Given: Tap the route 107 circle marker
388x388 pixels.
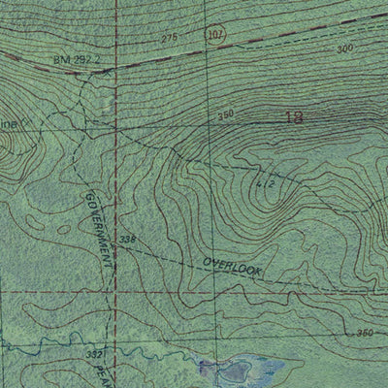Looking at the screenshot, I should (x=216, y=36).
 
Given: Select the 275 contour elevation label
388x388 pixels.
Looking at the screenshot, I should (x=171, y=37).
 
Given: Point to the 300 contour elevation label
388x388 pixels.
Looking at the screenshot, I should (x=343, y=49).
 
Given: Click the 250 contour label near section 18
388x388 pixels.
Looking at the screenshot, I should (x=226, y=114).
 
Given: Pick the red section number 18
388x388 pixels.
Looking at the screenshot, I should (x=294, y=118).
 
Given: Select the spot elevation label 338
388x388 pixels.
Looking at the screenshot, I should (x=127, y=240).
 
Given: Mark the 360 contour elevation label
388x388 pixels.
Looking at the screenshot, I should (x=364, y=334).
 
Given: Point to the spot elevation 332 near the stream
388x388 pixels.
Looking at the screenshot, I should (x=93, y=356).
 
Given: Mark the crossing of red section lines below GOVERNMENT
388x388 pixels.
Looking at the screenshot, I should (x=115, y=290).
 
